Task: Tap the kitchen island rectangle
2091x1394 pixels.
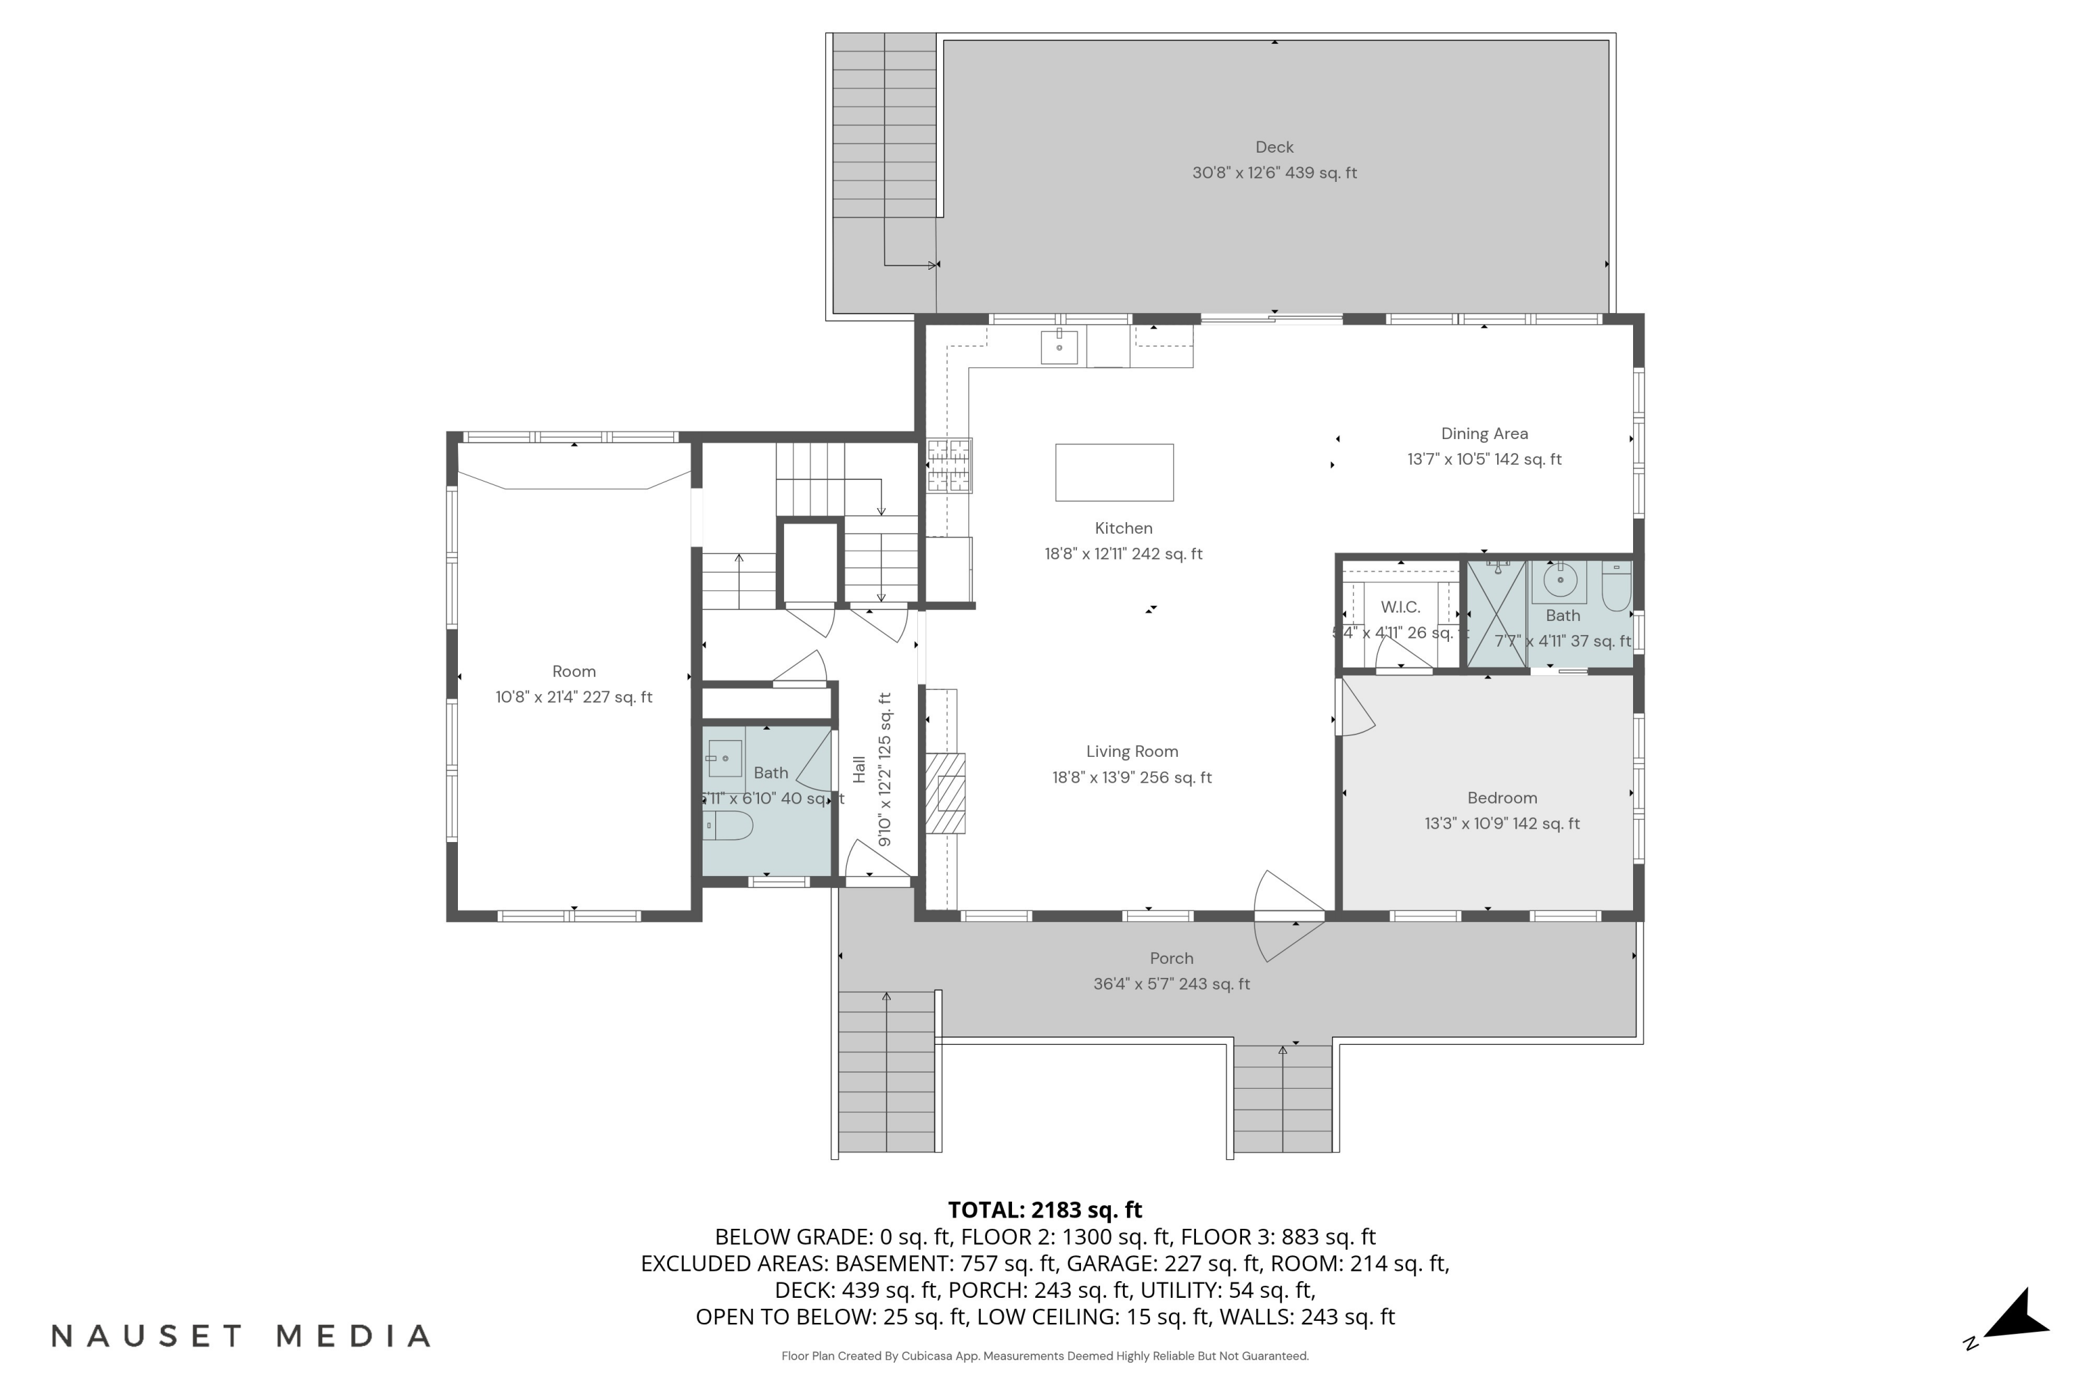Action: [x=1113, y=472]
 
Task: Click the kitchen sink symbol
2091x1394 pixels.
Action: [x=1059, y=346]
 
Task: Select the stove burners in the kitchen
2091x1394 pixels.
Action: [x=949, y=465]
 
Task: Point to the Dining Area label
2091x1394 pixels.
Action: [x=1484, y=434]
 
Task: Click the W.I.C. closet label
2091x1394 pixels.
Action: [x=1400, y=607]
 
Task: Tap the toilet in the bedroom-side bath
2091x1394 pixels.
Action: [x=1616, y=587]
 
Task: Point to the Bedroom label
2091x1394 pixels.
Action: [x=1501, y=797]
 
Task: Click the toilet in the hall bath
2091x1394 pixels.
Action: [x=728, y=825]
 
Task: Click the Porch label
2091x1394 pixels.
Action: [x=1171, y=958]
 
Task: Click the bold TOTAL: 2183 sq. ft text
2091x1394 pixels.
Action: [x=1045, y=1209]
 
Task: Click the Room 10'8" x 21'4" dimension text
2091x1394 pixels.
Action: [x=574, y=697]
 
